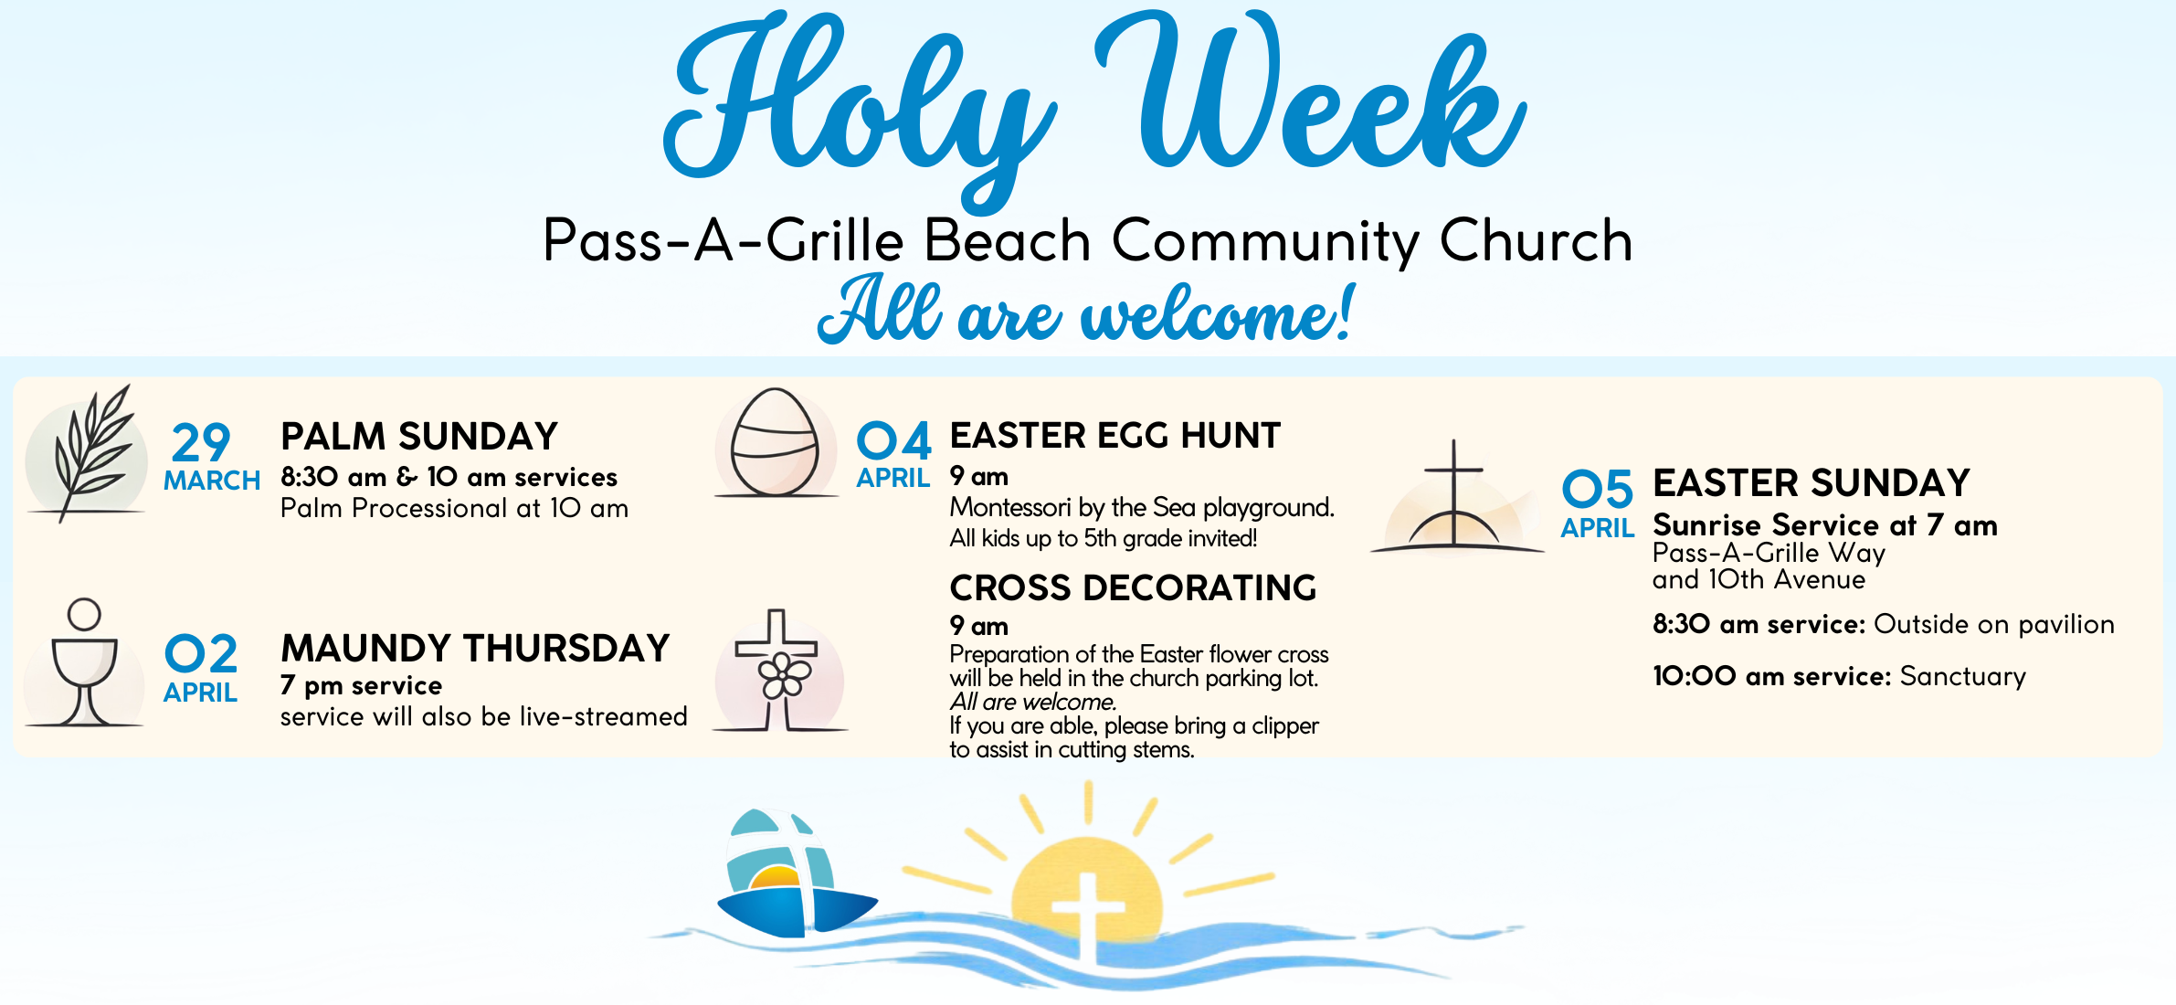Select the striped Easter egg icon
pos(776,443)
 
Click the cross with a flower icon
pos(778,672)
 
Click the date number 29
pos(201,444)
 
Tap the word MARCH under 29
pos(212,481)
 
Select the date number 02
pos(201,654)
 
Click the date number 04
pos(894,441)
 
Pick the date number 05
pos(1598,489)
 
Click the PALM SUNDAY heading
pos(419,437)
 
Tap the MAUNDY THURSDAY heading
pos(475,649)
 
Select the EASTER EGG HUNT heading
pos(1115,436)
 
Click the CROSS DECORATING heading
pos(1133,588)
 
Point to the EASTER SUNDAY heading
pos(1812,482)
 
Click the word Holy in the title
pos(859,110)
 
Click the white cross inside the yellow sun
pos(1087,914)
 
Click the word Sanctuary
pos(1963,677)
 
